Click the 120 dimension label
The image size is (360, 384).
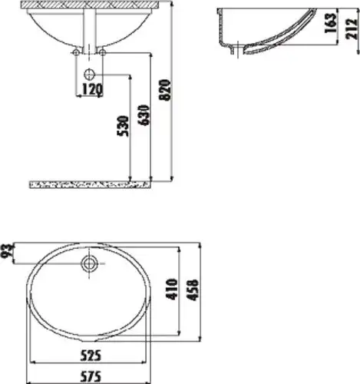pos(91,89)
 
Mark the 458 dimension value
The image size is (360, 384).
pos(199,290)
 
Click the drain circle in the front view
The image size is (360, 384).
pos(91,74)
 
